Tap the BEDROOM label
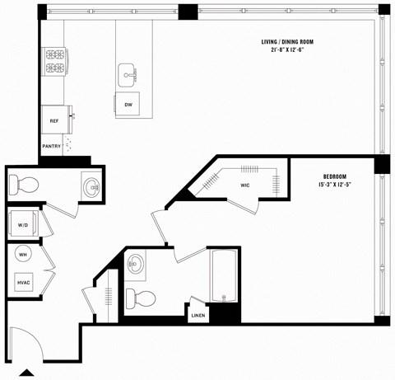[334, 176]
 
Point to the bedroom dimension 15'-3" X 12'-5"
[334, 185]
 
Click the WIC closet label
[245, 185]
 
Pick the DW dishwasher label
[128, 106]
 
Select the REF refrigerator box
[54, 120]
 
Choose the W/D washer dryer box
[21, 223]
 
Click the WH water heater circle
[22, 255]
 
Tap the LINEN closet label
[197, 315]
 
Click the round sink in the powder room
[91, 185]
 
